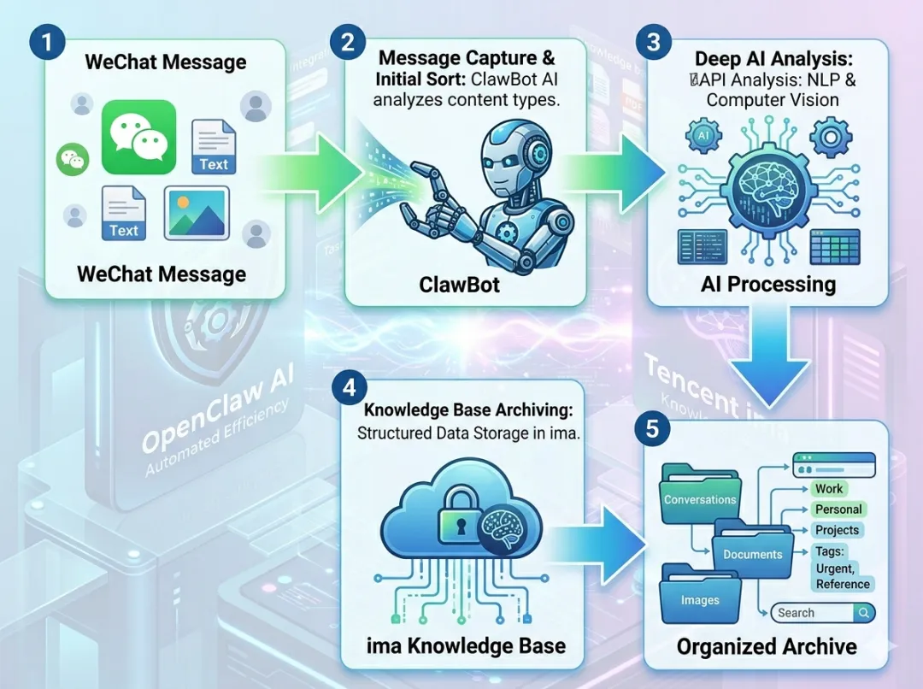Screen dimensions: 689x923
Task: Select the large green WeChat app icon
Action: click(138, 137)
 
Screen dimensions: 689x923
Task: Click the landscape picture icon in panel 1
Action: click(197, 213)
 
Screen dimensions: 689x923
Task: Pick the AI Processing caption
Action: click(768, 284)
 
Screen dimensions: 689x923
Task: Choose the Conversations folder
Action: click(700, 499)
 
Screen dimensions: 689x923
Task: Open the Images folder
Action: click(700, 599)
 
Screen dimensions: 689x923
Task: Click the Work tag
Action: click(829, 489)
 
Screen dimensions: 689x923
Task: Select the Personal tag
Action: click(838, 509)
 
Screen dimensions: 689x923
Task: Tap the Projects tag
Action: click(837, 530)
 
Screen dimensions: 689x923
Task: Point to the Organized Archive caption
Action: click(767, 646)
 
